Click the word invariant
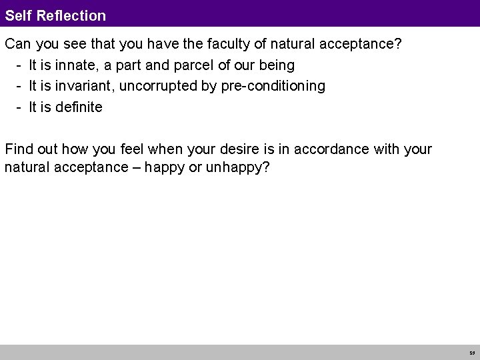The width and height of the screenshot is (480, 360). tap(85, 86)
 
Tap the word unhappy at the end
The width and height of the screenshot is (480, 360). tap(237, 167)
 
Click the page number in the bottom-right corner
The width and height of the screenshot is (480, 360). tap(471, 353)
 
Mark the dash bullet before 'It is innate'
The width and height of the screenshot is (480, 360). tap(21, 66)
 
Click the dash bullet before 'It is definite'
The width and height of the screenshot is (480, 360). tap(21, 107)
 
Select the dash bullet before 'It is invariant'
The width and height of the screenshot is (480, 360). tap(21, 86)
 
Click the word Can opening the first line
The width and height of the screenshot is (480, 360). tap(18, 45)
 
